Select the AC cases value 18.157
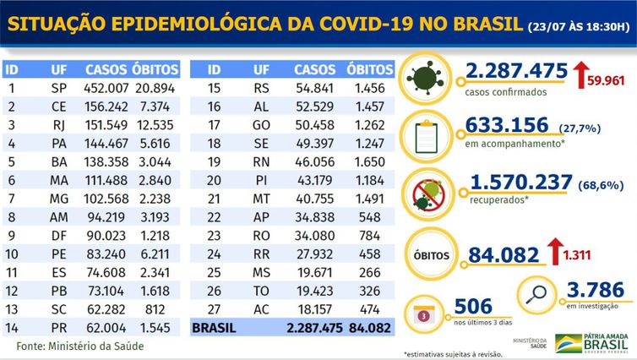coord(313,309)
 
